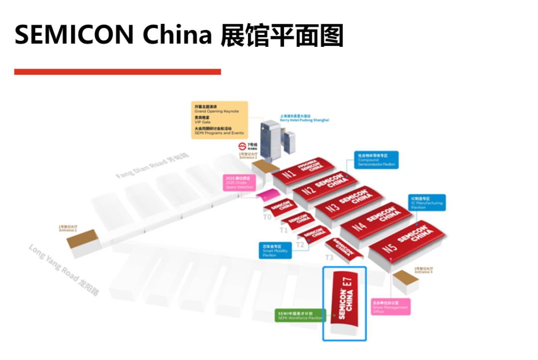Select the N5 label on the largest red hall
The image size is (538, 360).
[389, 247]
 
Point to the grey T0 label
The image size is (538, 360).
[268, 217]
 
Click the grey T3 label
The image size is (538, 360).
[329, 257]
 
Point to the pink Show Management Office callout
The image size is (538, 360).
[390, 306]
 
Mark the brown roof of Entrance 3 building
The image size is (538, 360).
[404, 276]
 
